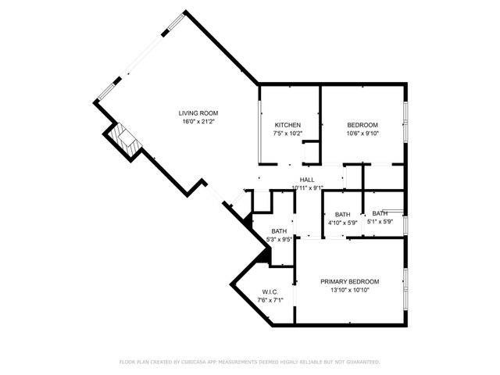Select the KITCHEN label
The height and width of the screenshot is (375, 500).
coord(287,126)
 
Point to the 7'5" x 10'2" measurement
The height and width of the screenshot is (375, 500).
coord(287,134)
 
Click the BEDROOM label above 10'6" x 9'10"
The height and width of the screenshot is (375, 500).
coord(362,126)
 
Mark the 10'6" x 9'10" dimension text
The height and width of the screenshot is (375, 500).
coord(362,134)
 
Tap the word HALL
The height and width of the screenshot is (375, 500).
coord(307,180)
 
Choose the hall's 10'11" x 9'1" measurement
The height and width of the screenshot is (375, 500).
coord(307,187)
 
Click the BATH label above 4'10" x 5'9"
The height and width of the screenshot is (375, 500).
coord(342,215)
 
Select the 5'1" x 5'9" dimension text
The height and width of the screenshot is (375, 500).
coord(380,223)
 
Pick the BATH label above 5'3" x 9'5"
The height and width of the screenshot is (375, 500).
coord(280,232)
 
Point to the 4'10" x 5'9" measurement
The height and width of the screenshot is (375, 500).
coord(342,223)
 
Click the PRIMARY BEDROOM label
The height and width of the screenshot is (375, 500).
coord(350,282)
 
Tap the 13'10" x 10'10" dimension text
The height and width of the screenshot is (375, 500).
coord(350,290)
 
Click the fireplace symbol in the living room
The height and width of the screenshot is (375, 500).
coord(124,139)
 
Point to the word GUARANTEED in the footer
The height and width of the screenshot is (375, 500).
coord(362,362)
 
